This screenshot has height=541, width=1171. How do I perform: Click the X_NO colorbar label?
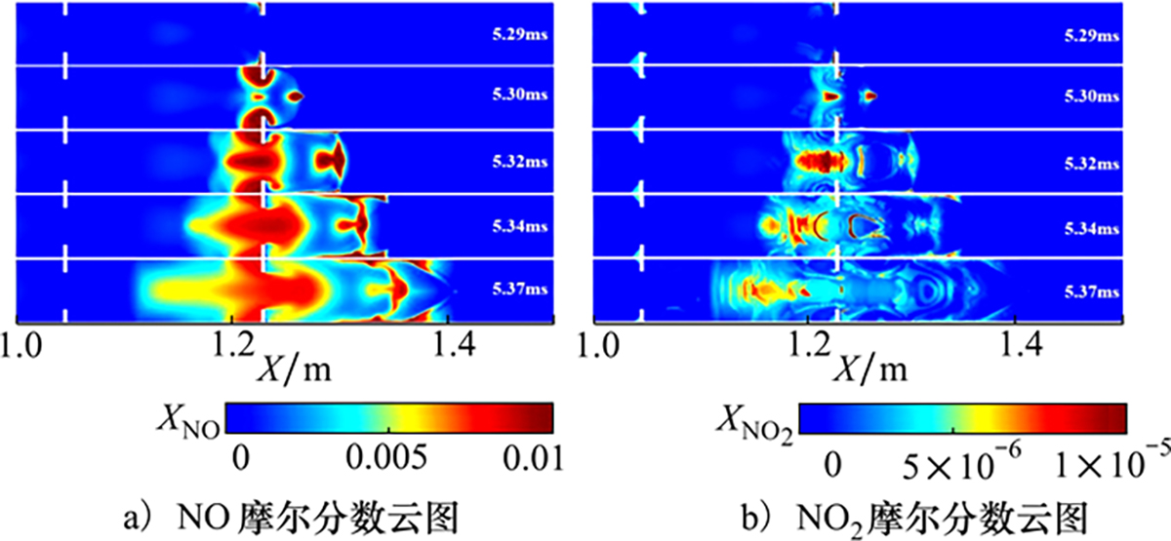coord(185,417)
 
